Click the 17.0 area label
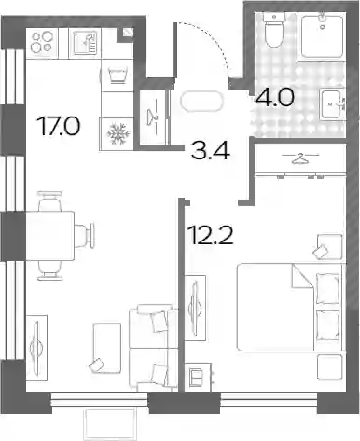(x=59, y=126)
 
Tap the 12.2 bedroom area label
(x=210, y=235)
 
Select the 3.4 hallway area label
(x=211, y=150)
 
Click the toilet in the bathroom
(x=274, y=30)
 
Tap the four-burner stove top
(x=42, y=43)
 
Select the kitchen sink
(x=85, y=43)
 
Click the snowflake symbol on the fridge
(x=118, y=134)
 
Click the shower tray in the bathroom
(x=322, y=36)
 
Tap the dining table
(x=50, y=236)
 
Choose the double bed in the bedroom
(x=291, y=308)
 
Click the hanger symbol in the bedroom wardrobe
(x=300, y=159)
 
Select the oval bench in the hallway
(x=201, y=101)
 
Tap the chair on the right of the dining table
(x=84, y=236)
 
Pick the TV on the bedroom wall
(x=195, y=308)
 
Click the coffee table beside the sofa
(x=107, y=348)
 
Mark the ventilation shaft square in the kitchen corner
(x=128, y=33)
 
